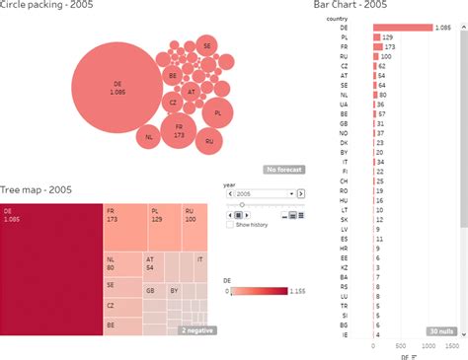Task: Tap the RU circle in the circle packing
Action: pos(209,141)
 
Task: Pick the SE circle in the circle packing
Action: pos(206,45)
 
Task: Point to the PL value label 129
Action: pos(388,36)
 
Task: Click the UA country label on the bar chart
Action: pos(344,104)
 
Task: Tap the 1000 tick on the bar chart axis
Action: pos(428,346)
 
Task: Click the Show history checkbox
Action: pos(231,225)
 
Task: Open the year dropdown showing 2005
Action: pos(264,195)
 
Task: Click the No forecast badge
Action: pos(283,170)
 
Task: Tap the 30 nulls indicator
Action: pos(440,330)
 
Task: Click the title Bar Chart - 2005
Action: pos(351,5)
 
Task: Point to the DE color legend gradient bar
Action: pos(259,291)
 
